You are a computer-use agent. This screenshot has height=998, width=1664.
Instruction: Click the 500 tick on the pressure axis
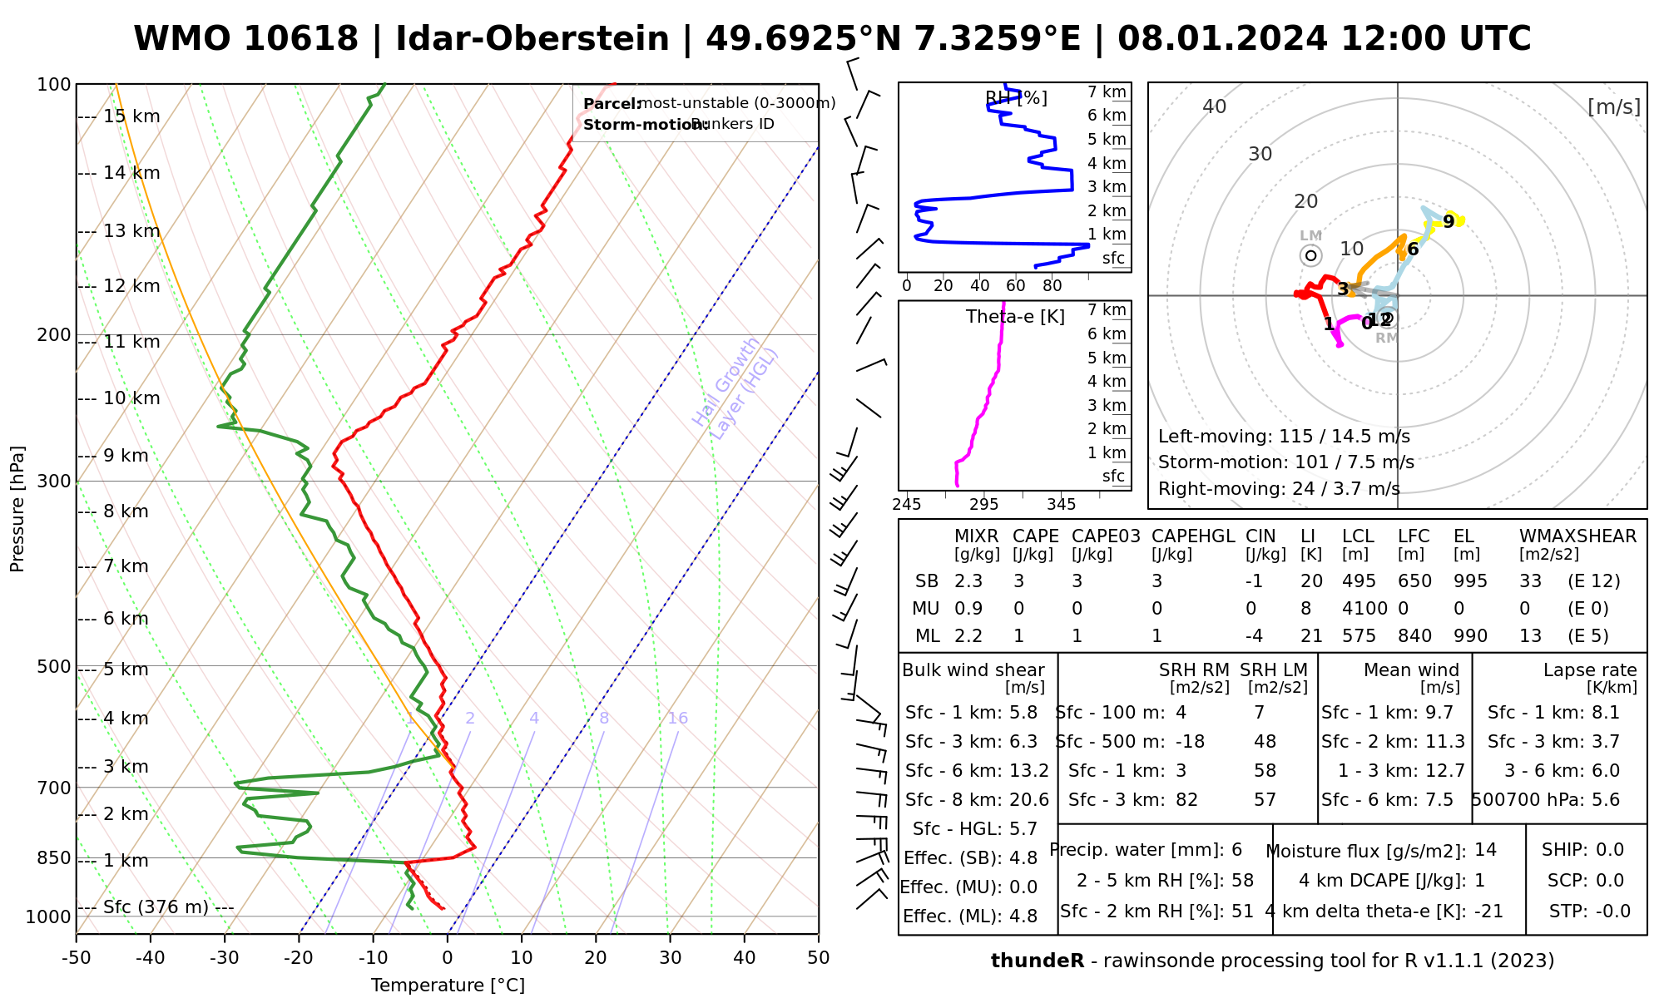click(x=54, y=667)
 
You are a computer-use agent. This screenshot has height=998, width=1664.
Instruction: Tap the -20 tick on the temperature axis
click(x=299, y=958)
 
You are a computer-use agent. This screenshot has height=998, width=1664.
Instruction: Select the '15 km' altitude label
click(x=131, y=116)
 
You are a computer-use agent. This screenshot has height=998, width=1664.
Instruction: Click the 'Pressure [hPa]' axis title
click(x=17, y=509)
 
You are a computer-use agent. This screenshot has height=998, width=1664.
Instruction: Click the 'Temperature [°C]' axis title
click(x=448, y=986)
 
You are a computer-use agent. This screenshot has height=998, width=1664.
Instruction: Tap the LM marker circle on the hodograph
click(x=1311, y=255)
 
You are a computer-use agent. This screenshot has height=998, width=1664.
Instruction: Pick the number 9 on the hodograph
click(x=1449, y=221)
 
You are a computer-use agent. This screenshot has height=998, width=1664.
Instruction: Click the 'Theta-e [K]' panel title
click(x=1015, y=317)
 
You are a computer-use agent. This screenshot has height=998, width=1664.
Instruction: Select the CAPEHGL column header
click(x=1193, y=536)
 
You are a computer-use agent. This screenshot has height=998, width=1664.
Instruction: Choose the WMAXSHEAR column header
click(x=1577, y=536)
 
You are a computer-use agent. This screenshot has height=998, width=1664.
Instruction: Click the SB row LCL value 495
click(x=1359, y=581)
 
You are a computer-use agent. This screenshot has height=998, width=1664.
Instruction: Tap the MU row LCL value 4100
click(x=1364, y=609)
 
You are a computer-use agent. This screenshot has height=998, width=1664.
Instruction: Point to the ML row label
click(x=927, y=636)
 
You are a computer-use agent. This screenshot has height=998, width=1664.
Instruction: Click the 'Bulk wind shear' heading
click(x=973, y=670)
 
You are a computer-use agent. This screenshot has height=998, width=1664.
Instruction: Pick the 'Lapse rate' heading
click(x=1590, y=670)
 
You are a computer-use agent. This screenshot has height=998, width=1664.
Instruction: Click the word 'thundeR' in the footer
click(x=1038, y=961)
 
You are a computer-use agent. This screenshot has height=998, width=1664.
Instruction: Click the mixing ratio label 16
click(x=677, y=719)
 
